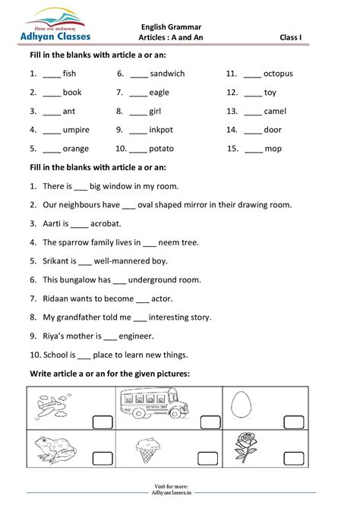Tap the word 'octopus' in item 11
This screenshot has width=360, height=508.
(x=279, y=74)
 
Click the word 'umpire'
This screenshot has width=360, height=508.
(x=76, y=130)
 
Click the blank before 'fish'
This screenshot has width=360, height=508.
(x=51, y=74)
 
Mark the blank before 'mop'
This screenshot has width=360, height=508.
(x=254, y=149)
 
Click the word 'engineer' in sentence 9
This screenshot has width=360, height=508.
(x=137, y=336)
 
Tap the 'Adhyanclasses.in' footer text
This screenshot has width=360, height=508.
(x=180, y=492)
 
